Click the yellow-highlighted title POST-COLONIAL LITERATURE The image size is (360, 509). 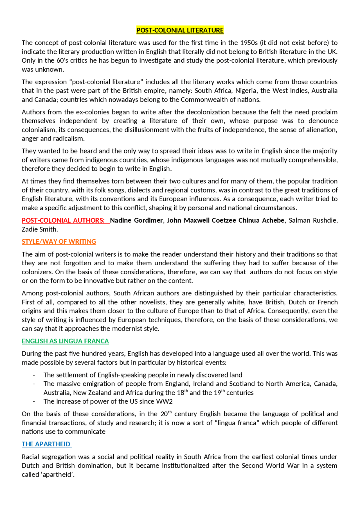click(180, 30)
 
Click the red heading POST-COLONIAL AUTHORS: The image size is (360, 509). click(63, 220)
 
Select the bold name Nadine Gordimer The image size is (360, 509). click(136, 220)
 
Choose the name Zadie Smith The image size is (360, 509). click(39, 229)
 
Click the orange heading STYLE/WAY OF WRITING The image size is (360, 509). click(59, 242)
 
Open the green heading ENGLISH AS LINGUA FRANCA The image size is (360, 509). click(65, 341)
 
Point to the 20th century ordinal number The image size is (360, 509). click(166, 414)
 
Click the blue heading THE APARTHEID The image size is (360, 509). click(46, 444)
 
